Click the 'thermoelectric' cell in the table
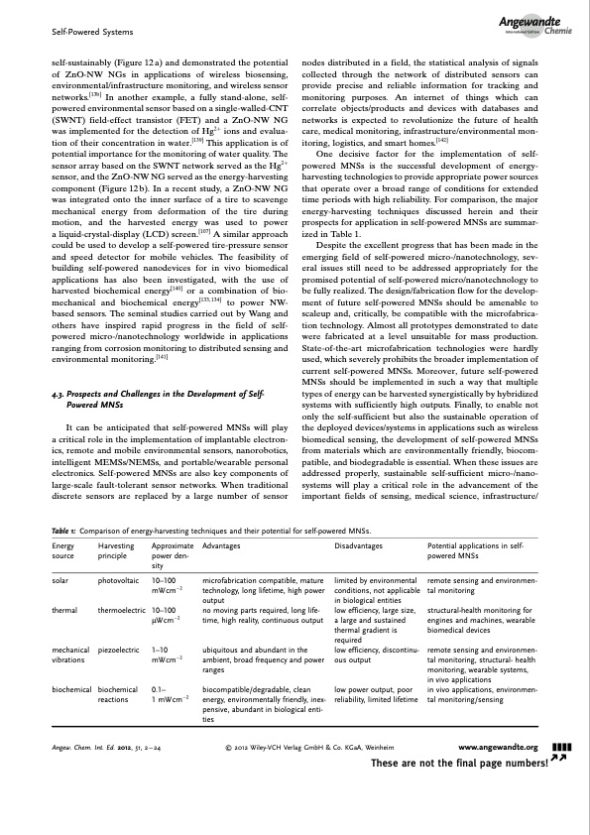pos(124,610)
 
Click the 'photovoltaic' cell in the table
pos(121,576)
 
